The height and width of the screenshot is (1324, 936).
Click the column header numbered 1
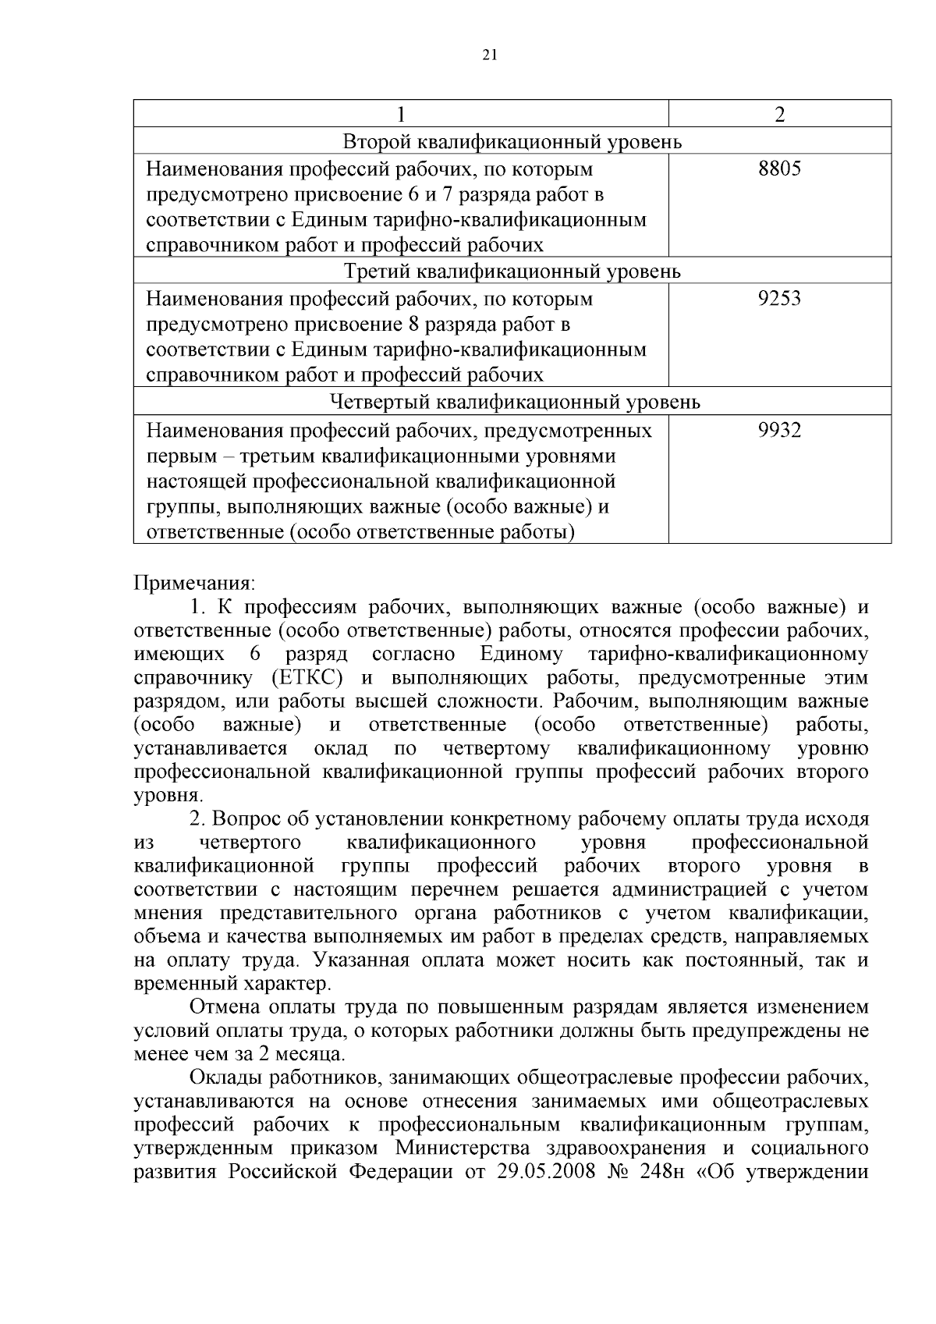click(x=401, y=114)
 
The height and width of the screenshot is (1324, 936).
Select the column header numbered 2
click(x=779, y=114)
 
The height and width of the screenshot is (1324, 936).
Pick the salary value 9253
click(x=779, y=299)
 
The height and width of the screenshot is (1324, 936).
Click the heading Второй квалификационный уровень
click(x=512, y=142)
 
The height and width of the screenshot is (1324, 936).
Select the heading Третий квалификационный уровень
click(x=512, y=272)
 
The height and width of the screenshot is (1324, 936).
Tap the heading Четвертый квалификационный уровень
click(x=512, y=403)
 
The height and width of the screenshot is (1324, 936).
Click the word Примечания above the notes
click(x=195, y=584)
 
